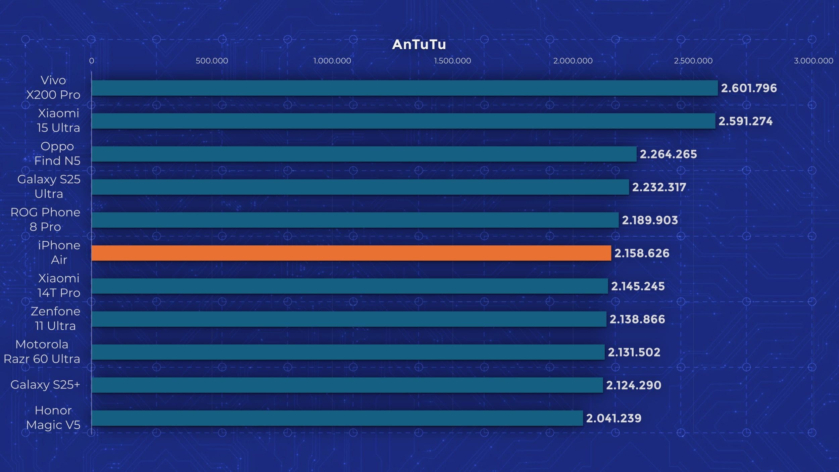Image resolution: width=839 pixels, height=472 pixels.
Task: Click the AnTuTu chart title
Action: [x=419, y=45]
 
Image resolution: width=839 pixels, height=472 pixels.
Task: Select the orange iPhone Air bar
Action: [x=351, y=253]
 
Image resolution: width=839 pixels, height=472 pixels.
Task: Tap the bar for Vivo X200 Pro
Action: [x=404, y=88]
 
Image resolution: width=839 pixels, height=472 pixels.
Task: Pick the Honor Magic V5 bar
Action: [x=337, y=418]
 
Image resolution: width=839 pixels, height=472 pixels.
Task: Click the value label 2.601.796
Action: [x=749, y=88]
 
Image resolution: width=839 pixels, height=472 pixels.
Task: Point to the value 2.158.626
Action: [x=642, y=253]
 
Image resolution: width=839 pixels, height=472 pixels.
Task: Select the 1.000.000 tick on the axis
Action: [x=332, y=61]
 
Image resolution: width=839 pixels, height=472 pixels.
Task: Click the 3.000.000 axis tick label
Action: [x=813, y=61]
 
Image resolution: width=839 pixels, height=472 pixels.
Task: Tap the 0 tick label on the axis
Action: [x=91, y=61]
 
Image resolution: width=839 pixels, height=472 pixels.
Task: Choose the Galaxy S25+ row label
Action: [x=45, y=385]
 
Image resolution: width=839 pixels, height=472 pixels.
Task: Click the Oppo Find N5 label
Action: [x=57, y=153]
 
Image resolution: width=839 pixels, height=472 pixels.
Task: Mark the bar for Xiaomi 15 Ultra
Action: [x=403, y=121]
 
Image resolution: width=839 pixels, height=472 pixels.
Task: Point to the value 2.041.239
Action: [x=613, y=418]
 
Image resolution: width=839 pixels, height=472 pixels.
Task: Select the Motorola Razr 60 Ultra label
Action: [x=42, y=351]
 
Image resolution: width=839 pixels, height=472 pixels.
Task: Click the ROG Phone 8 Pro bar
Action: [x=355, y=220]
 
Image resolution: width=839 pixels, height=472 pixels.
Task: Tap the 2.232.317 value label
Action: [x=659, y=187]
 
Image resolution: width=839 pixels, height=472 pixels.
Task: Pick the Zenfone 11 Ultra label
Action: [x=56, y=319]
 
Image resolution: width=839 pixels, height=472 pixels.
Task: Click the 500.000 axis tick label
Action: [x=212, y=61]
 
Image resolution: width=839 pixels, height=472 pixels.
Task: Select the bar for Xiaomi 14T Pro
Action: [x=349, y=286]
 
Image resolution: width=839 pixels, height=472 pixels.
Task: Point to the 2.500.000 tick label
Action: [x=693, y=61]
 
